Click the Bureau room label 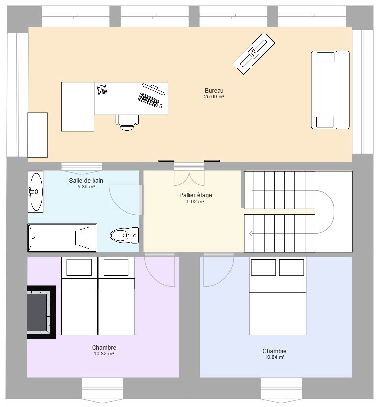pos(214,91)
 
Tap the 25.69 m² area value pos(214,96)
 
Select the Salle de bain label pos(86,181)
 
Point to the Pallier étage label pos(195,195)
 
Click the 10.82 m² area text pos(104,353)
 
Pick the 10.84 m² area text pos(275,357)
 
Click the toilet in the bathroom pos(125,236)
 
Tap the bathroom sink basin pos(35,192)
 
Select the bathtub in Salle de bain pos(62,238)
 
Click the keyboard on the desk pos(149,100)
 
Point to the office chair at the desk pos(127,123)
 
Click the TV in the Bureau pos(254,53)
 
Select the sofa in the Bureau pos(330,90)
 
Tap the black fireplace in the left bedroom pos(41,312)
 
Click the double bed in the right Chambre pos(278,296)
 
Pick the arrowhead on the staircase pos(251,234)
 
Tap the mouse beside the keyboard pos(161,106)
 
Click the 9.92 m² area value pos(195,202)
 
